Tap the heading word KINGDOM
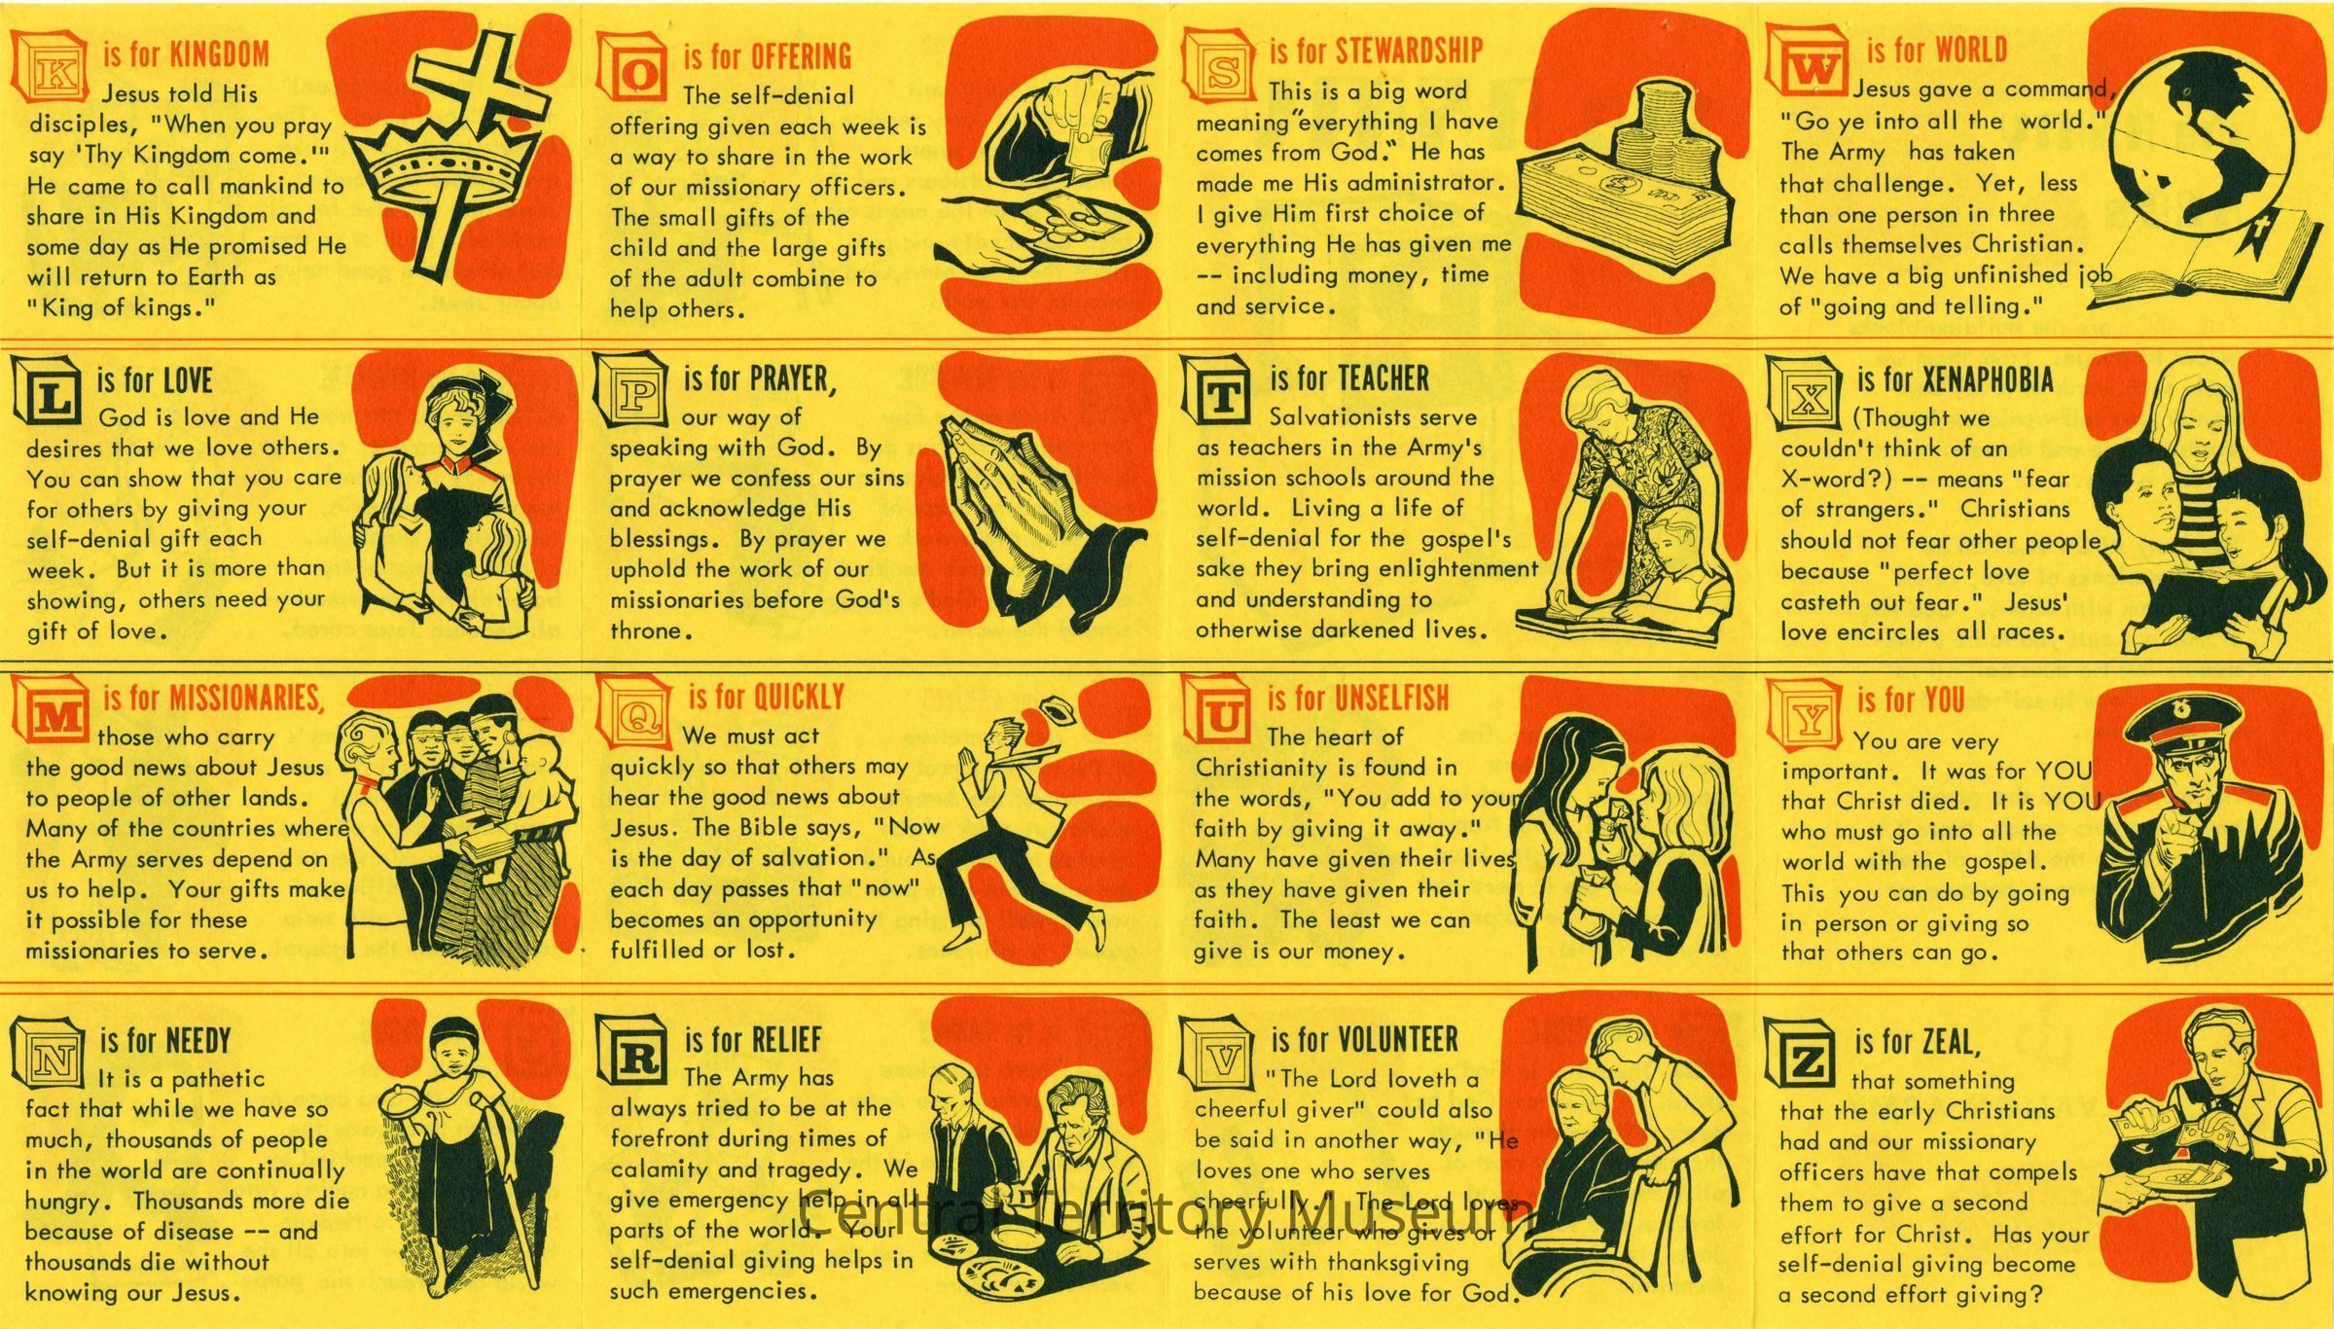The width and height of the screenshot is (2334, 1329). click(219, 54)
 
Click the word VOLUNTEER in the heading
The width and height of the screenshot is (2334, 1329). click(1397, 1040)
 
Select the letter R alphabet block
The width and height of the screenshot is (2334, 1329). click(632, 1052)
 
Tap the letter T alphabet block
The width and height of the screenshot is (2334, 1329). click(1218, 389)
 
